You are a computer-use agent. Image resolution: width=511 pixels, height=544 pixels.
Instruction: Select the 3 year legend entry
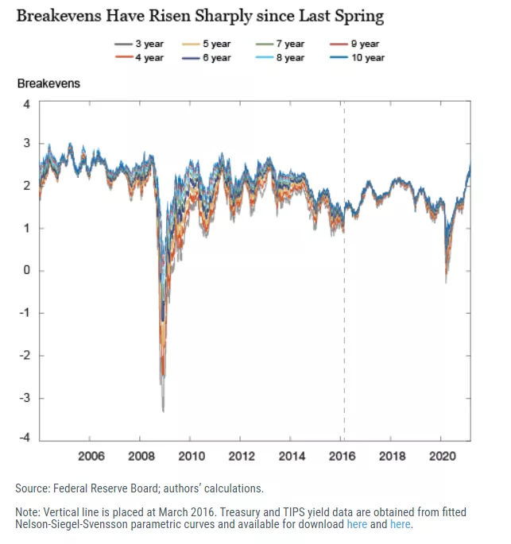(143, 44)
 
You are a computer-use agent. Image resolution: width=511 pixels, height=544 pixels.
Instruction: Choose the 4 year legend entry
(143, 58)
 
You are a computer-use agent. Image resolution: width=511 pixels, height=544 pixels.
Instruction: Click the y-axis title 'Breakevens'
(48, 83)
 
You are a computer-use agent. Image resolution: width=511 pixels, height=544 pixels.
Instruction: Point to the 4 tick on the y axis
(25, 104)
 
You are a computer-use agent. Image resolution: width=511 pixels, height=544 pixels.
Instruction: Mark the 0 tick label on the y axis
(25, 271)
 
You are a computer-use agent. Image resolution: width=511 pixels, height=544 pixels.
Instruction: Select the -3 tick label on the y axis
(24, 397)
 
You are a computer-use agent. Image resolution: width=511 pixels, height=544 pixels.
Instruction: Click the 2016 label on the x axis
(343, 456)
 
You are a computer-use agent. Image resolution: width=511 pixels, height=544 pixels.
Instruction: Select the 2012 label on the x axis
(242, 456)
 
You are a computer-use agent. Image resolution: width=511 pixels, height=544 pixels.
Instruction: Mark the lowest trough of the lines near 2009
(163, 409)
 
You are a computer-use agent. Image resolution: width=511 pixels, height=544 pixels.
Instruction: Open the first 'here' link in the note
(356, 524)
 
